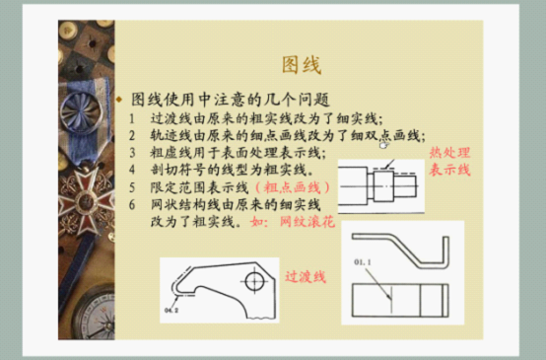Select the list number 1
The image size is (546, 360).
(x=131, y=117)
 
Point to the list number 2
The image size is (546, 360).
(x=131, y=135)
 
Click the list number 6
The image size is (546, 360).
(x=131, y=204)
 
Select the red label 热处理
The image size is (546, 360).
(x=449, y=154)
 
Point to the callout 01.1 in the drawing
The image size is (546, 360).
(x=366, y=262)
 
